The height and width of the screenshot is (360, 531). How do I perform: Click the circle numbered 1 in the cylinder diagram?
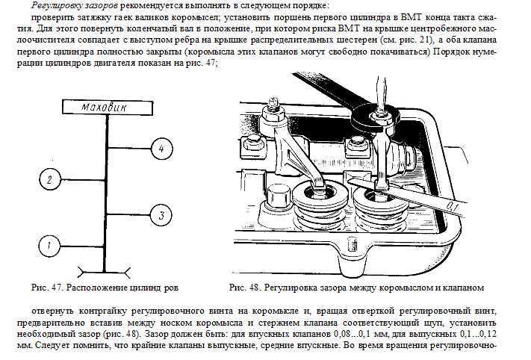point(48,244)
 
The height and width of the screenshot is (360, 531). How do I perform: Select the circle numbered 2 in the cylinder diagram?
point(48,179)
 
